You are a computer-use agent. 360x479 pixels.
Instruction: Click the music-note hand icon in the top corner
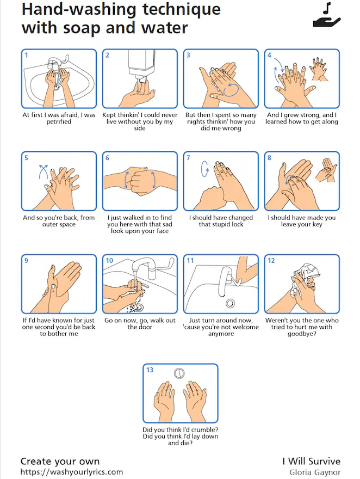click(327, 15)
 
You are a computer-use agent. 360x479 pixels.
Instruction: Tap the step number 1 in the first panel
click(26, 55)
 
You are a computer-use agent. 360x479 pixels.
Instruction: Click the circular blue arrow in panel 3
click(231, 89)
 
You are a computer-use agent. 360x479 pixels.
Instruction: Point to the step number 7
click(188, 158)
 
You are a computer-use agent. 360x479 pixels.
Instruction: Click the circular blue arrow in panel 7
click(204, 169)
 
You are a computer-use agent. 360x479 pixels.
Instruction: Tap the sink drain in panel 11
click(230, 303)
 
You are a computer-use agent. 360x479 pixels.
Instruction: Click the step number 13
click(150, 370)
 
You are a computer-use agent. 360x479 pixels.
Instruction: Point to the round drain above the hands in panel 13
click(179, 373)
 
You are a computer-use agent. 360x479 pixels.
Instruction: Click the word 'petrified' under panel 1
click(59, 121)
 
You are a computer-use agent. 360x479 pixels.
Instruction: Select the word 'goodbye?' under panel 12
click(302, 334)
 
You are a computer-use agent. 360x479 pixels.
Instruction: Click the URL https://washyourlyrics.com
click(72, 472)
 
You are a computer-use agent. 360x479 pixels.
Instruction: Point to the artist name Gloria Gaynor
click(315, 472)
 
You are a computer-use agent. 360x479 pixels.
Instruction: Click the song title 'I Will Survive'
click(312, 461)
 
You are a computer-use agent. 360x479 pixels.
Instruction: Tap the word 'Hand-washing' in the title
click(79, 10)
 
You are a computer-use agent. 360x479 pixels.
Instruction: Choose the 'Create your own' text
click(60, 461)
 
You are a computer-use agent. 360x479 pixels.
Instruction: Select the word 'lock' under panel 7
click(237, 224)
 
